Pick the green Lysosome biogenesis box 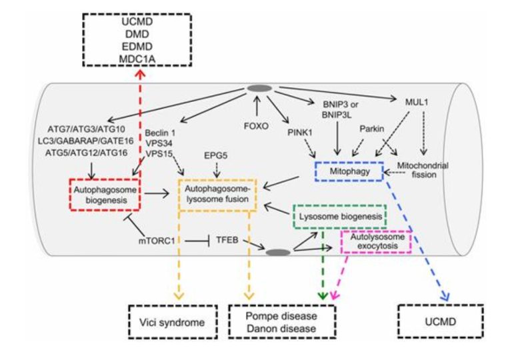click(x=339, y=218)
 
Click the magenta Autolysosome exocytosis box click(x=375, y=241)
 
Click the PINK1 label click(x=301, y=133)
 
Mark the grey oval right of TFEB click(x=277, y=252)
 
